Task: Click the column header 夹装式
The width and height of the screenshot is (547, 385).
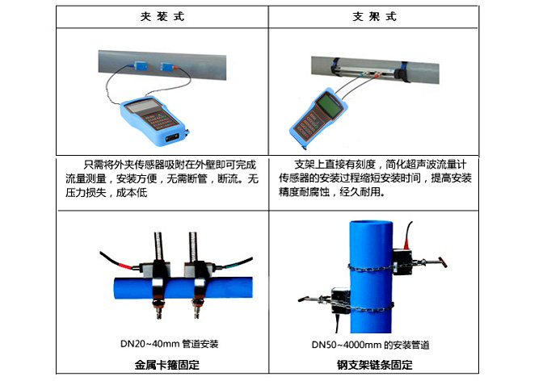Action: [x=162, y=16]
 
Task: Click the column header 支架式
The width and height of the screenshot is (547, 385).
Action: [x=375, y=16]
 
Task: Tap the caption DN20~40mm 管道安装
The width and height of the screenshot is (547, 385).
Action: [x=169, y=344]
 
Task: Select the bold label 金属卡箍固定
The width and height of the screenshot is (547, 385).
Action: [x=167, y=365]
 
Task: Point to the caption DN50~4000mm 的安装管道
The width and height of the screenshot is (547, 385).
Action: [x=371, y=345]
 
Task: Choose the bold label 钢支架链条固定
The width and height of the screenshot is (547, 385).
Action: [x=375, y=365]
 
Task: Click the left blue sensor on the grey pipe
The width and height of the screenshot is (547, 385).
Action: [x=141, y=65]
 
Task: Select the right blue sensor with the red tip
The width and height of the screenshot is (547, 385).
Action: [x=167, y=66]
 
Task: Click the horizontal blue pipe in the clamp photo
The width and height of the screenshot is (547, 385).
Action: [x=183, y=288]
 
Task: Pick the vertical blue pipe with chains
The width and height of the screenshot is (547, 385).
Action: [x=371, y=276]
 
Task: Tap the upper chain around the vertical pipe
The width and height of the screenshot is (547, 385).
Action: [x=371, y=268]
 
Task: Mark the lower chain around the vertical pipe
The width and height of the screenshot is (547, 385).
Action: [x=370, y=308]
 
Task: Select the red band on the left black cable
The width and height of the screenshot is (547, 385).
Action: [x=125, y=266]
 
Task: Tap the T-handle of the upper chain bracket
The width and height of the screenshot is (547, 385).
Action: [x=443, y=262]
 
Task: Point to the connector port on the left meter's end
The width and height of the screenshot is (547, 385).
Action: [x=172, y=138]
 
